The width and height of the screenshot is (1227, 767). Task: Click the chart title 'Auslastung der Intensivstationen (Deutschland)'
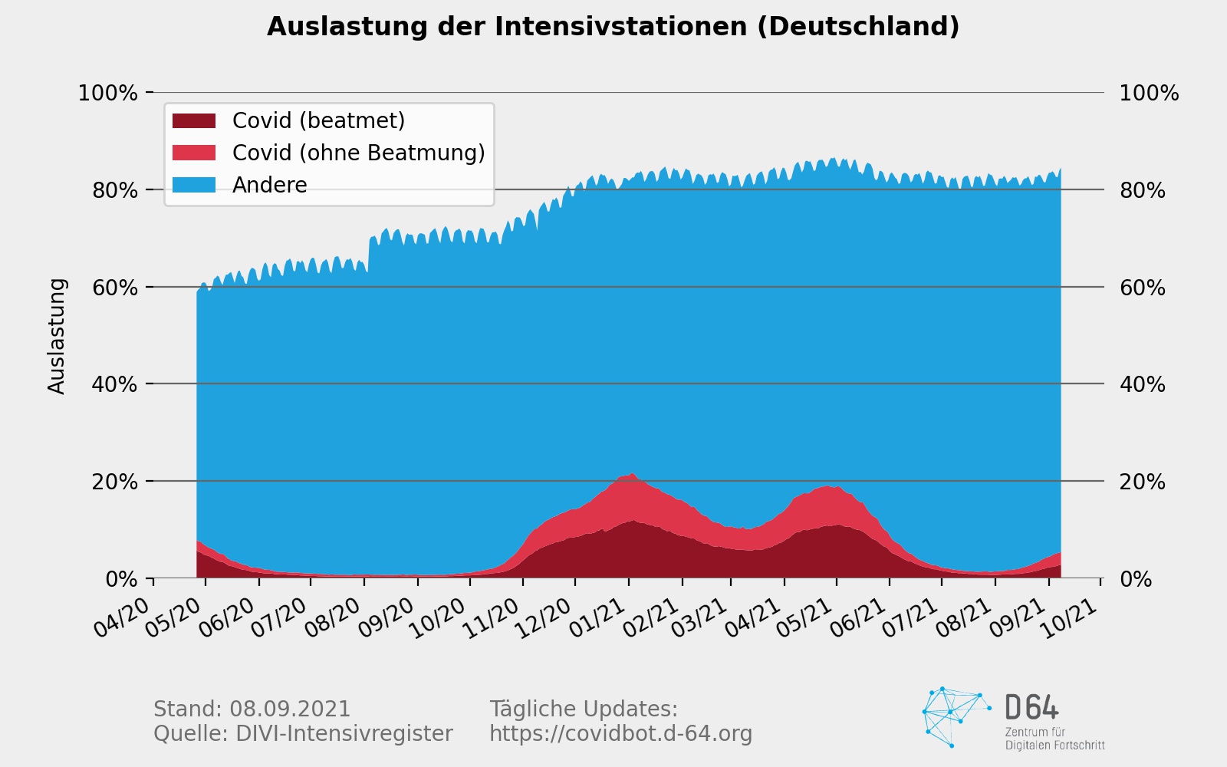coord(613,27)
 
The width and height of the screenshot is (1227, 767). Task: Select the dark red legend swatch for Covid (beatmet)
coord(194,120)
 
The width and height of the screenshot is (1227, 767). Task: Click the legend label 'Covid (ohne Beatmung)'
coord(358,153)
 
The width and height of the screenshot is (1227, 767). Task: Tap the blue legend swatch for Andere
coord(194,185)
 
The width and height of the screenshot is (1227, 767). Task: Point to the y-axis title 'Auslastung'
coord(58,336)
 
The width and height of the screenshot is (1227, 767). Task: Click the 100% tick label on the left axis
coord(107,94)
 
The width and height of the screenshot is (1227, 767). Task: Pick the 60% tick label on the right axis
coord(1142,288)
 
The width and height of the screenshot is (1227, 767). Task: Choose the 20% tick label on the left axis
coord(114,482)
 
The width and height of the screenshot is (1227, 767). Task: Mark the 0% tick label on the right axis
coord(1136,579)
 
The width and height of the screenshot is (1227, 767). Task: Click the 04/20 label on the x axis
coord(123,617)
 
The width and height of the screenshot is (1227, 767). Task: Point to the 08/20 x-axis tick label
coord(333,617)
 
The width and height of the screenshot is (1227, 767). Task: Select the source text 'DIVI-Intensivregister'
coord(344,734)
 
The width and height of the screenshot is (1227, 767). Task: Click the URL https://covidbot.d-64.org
coord(620,734)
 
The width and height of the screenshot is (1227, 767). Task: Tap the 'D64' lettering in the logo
coord(1031,707)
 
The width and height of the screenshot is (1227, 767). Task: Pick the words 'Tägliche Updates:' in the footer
coord(584,709)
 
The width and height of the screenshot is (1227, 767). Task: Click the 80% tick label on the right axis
coord(1142,190)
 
